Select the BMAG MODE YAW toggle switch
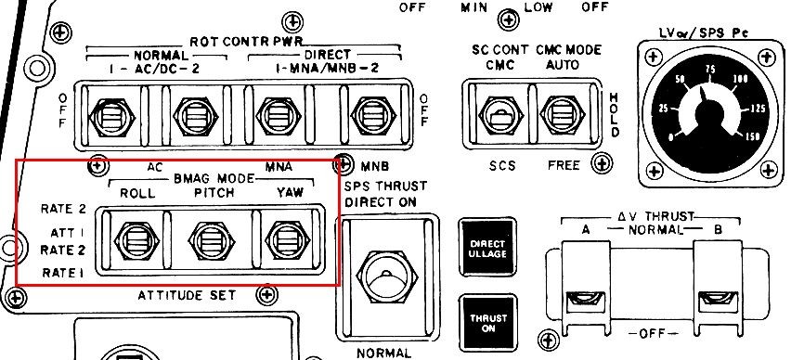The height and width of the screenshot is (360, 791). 287,241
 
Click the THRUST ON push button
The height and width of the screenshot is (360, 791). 487,323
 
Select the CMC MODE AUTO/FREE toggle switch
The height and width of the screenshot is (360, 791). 562,115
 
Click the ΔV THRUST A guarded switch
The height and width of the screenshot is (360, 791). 585,287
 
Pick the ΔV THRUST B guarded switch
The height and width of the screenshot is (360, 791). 718,287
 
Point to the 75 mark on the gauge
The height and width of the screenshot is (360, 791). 710,70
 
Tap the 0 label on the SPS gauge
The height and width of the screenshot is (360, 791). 670,137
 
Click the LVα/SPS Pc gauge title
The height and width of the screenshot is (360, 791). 703,33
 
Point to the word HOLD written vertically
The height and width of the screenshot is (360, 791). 614,114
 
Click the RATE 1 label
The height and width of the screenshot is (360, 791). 63,273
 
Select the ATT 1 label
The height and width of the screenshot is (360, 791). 68,233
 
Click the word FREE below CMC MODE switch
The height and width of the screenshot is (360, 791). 564,165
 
